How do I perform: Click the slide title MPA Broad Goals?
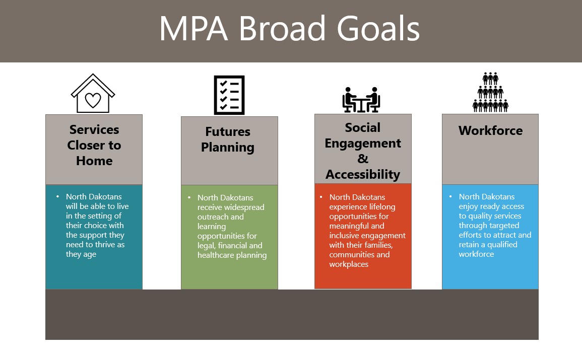[x=289, y=29]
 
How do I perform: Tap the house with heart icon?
[x=93, y=94]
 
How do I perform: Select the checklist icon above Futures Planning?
[x=229, y=95]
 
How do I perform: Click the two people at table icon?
[x=361, y=100]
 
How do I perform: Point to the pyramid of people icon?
[x=490, y=92]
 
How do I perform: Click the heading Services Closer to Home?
[x=94, y=145]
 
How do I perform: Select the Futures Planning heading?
[x=228, y=139]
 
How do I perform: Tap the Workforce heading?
[x=490, y=131]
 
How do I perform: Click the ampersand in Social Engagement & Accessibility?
[x=363, y=159]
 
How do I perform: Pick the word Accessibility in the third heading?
[x=363, y=174]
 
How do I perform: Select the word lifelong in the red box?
[x=377, y=207]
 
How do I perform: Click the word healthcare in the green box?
[x=217, y=255]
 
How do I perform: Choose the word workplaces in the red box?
[x=349, y=264]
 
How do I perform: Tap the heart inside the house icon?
[x=93, y=100]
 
